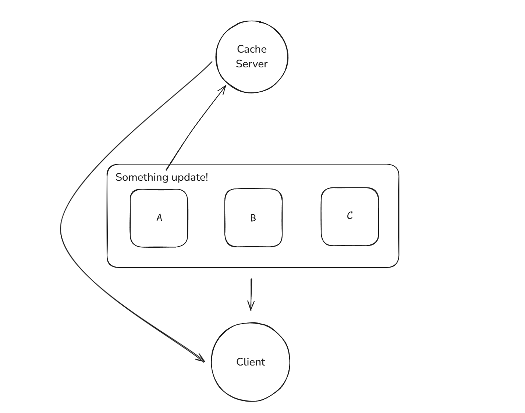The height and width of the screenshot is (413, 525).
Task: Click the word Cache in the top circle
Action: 252,49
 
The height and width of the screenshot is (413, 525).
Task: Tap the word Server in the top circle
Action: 252,64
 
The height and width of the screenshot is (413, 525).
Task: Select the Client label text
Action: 251,362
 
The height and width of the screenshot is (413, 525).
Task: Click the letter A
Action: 159,218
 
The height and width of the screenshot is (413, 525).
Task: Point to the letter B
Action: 253,218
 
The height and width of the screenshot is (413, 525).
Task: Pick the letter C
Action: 350,215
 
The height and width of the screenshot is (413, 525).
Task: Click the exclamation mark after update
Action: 206,177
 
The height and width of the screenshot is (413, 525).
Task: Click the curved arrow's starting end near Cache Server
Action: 212,62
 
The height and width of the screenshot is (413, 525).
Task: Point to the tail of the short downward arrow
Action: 251,279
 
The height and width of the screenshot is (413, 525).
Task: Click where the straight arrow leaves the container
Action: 166,170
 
